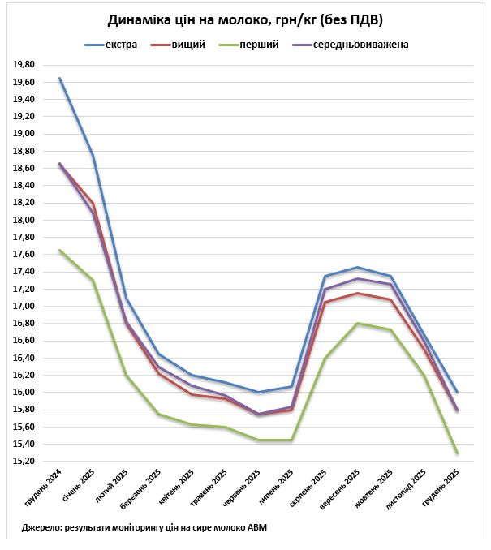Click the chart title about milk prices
tap(245, 19)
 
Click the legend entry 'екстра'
tap(120, 44)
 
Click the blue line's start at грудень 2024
tap(59, 79)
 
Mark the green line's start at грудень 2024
tap(59, 250)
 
